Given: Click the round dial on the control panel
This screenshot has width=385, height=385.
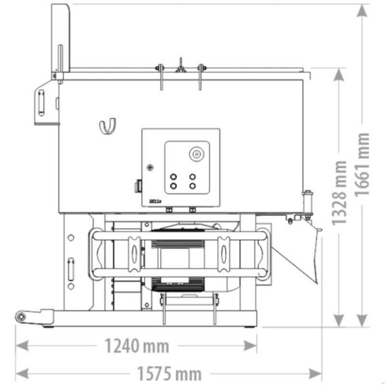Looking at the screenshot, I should click(x=196, y=154).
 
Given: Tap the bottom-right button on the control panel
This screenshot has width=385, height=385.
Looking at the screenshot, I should click(x=193, y=185).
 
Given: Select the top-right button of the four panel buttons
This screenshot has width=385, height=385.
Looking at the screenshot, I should click(x=193, y=176).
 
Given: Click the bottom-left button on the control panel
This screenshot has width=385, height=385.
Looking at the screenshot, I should click(x=173, y=185).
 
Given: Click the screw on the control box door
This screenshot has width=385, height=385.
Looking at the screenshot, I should click(x=151, y=167).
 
